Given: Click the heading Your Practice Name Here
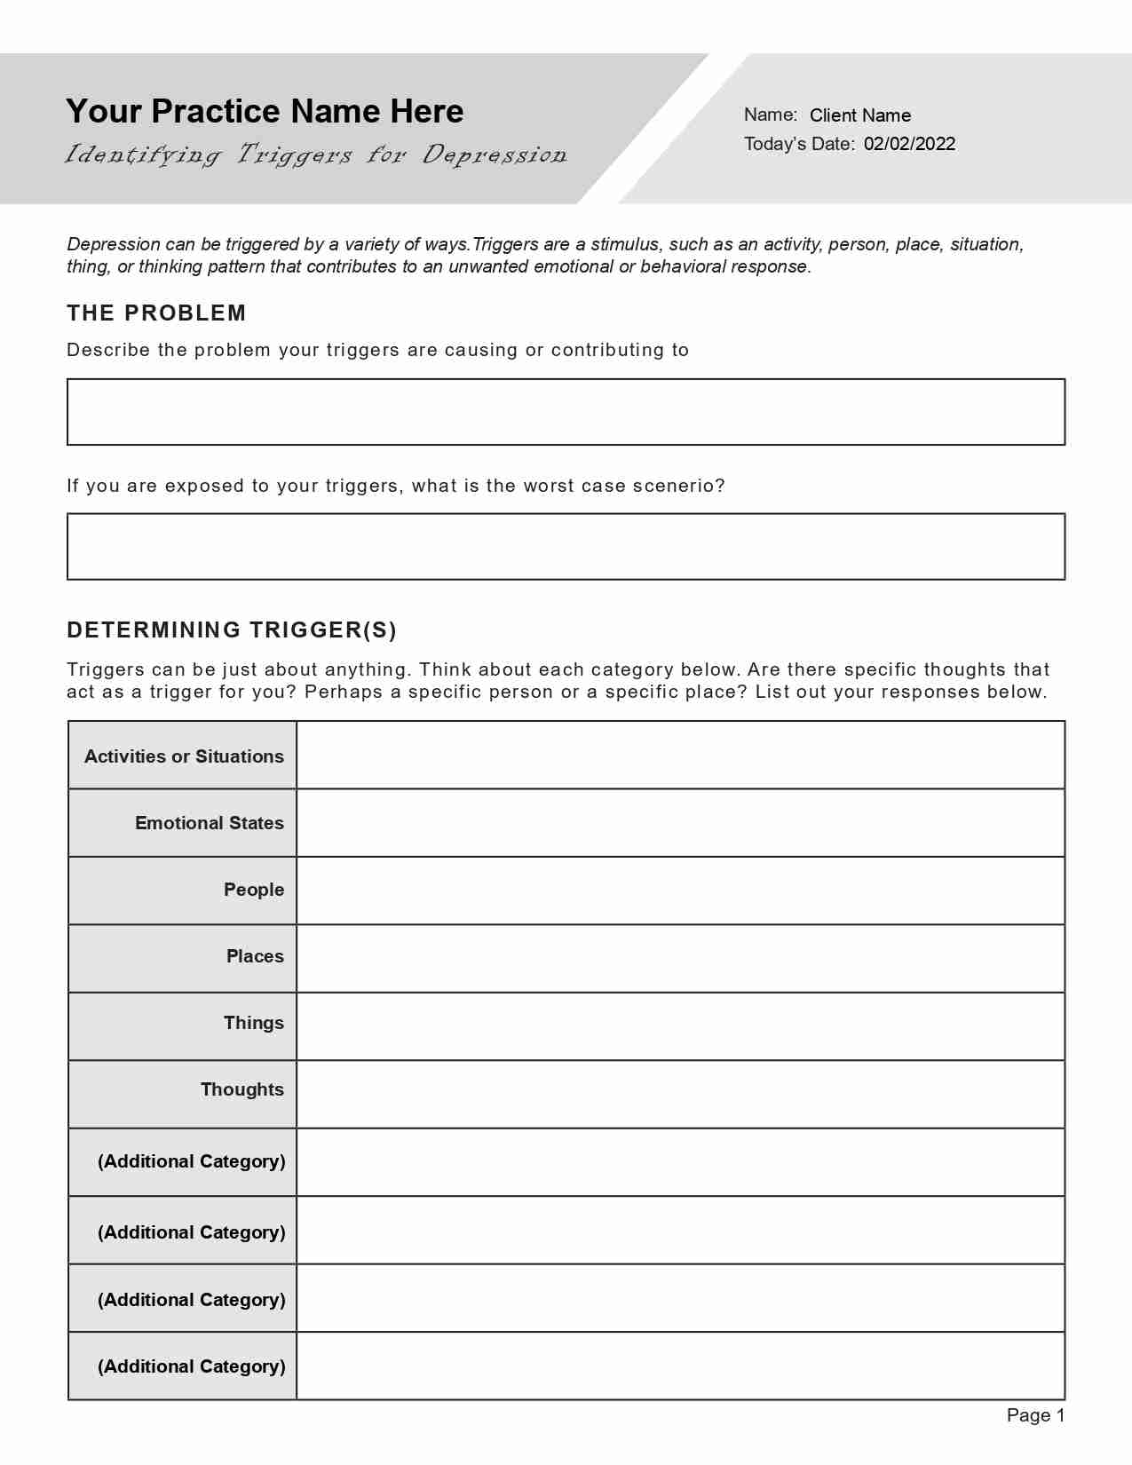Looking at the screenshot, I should pyautogui.click(x=265, y=111).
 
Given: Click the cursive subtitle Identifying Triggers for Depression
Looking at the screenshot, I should pyautogui.click(x=316, y=155).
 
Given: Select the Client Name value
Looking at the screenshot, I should pyautogui.click(x=859, y=115).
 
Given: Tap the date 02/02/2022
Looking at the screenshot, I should pyautogui.click(x=909, y=144).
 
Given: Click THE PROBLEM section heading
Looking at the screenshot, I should pyautogui.click(x=156, y=313).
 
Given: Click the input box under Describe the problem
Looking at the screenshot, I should pyautogui.click(x=566, y=412).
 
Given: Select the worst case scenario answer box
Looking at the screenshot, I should pyautogui.click(x=566, y=547).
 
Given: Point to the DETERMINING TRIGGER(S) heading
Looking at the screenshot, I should pyautogui.click(x=232, y=630).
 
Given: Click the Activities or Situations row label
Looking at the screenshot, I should pyautogui.click(x=184, y=756).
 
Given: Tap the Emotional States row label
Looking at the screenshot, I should pyautogui.click(x=209, y=823).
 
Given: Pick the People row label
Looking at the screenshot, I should pyautogui.click(x=253, y=890).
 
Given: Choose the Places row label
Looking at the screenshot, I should pyautogui.click(x=255, y=956).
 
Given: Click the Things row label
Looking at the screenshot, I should pyautogui.click(x=253, y=1023).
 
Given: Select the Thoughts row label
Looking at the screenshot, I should pyautogui.click(x=241, y=1089).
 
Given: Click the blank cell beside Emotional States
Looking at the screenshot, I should pyautogui.click(x=680, y=823).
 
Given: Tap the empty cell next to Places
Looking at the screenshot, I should pyautogui.click(x=680, y=959).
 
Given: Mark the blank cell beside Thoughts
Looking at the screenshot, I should pyautogui.click(x=680, y=1095).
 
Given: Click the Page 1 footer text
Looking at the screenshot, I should pyautogui.click(x=1035, y=1415).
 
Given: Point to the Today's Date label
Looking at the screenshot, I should pyautogui.click(x=799, y=144).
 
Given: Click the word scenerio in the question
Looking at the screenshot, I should pyautogui.click(x=678, y=486).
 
